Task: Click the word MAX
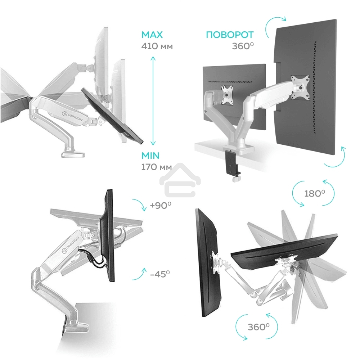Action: [152, 35]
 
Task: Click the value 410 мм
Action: [157, 46]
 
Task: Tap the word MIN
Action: [150, 156]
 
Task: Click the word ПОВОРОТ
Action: [230, 35]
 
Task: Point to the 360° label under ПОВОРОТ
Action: [243, 46]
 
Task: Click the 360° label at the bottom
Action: [258, 327]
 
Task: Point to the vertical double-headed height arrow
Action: [154, 101]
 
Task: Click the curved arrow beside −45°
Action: [139, 274]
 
